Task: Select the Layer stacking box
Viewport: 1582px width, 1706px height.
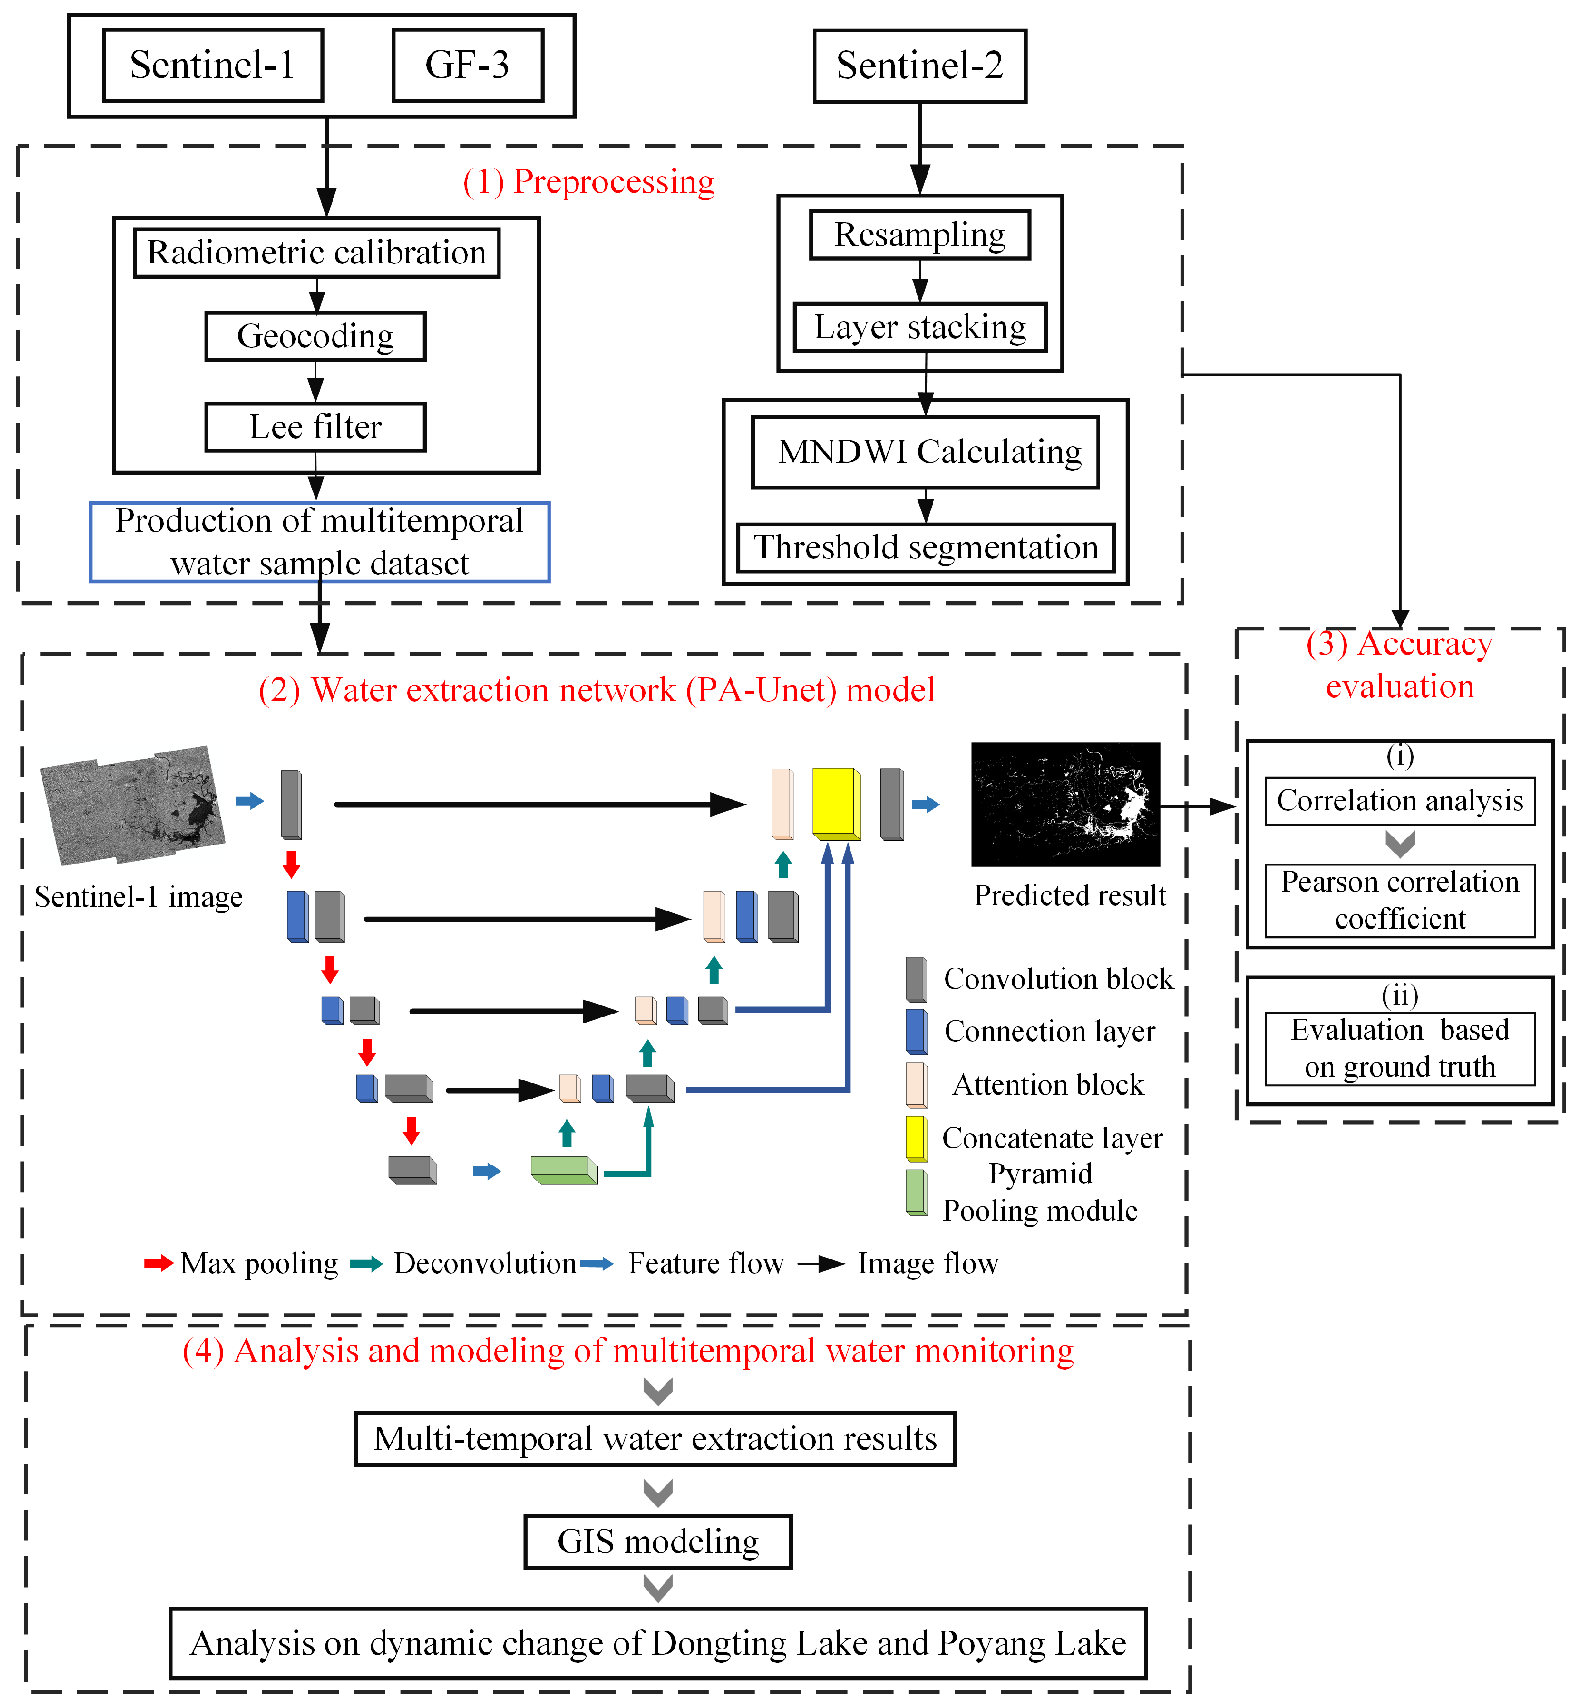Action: [x=919, y=327]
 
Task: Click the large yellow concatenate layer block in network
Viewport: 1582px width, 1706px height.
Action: [x=834, y=804]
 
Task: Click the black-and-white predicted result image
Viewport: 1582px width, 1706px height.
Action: [x=1066, y=804]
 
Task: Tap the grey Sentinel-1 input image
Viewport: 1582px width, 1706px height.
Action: [x=133, y=804]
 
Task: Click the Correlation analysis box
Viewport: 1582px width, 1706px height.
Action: [x=1399, y=801]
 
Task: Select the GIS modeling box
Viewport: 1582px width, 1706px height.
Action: [x=657, y=1542]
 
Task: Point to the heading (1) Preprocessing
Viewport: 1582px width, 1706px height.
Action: [x=588, y=182]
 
